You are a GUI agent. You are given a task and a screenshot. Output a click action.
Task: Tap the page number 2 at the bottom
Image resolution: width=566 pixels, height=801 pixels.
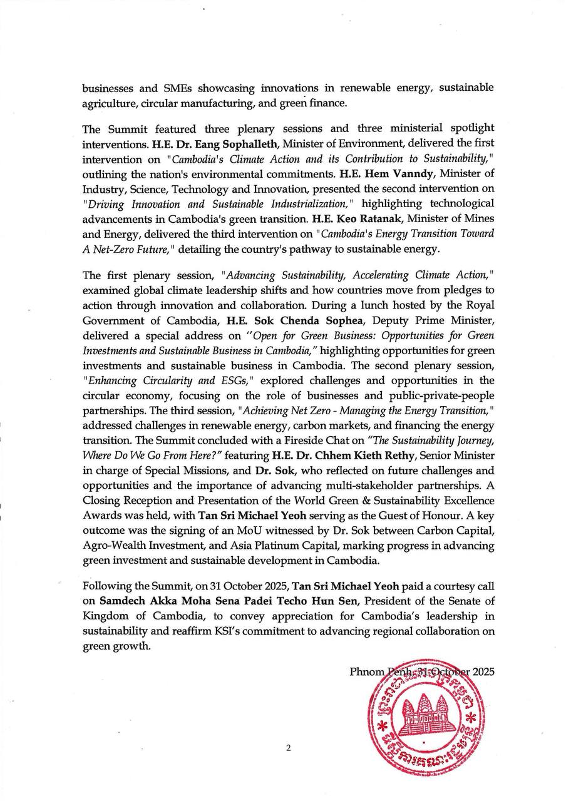(x=288, y=747)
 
